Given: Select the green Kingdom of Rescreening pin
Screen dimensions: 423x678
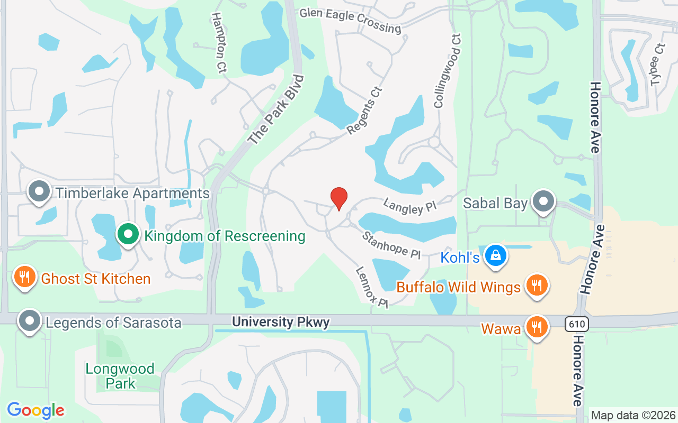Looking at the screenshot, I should (128, 235).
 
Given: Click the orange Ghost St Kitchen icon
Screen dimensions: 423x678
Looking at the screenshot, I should (24, 277).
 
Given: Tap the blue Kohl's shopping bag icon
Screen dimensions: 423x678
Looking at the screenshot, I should (496, 256).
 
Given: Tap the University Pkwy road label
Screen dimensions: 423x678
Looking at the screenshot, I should (281, 322).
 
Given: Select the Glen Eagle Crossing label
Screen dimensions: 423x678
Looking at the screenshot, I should (350, 20).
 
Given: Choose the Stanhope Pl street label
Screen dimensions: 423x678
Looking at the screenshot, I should (391, 245).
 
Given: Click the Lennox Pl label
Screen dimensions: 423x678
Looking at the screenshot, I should (372, 287).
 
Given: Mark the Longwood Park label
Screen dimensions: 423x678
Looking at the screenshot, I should (120, 375).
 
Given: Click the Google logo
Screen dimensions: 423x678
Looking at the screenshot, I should (35, 410).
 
